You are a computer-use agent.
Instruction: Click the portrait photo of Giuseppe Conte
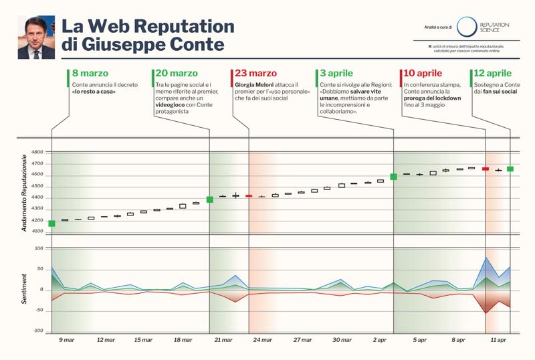32,37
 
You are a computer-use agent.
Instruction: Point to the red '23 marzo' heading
254,73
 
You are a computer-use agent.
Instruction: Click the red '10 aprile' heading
423,73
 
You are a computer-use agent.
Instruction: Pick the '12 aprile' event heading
494,73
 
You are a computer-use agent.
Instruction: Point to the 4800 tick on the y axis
37,153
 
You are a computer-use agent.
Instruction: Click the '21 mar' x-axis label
223,341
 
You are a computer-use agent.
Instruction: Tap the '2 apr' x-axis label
379,341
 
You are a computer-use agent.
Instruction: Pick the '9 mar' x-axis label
67,341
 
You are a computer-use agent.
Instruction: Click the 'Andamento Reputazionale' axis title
24,193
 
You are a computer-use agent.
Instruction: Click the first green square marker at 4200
52,223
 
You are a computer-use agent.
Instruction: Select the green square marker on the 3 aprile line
393,177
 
